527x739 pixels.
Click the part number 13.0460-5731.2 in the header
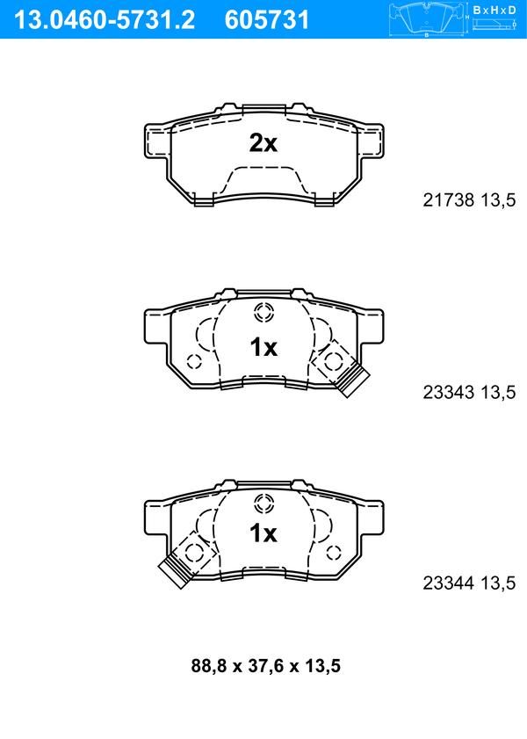(104, 20)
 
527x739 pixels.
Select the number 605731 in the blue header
(266, 20)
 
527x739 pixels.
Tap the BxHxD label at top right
(495, 10)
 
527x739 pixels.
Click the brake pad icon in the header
(426, 19)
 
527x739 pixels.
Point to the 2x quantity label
(263, 143)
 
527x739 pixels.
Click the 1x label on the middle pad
(263, 347)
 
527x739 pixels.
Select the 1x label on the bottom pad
(263, 533)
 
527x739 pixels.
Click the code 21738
(448, 200)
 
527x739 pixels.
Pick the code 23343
(448, 392)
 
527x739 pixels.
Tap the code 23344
(448, 583)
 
